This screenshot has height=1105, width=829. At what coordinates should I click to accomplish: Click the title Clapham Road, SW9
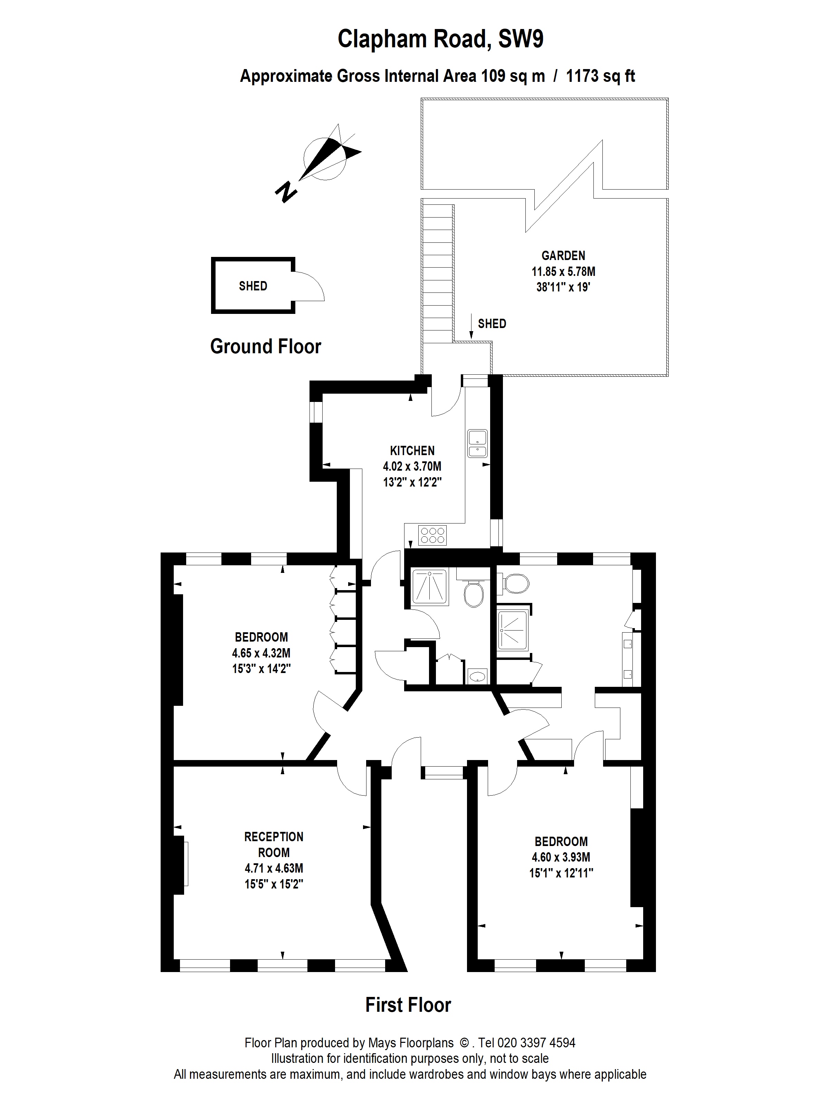440,39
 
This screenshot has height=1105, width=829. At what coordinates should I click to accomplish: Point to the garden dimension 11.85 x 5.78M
563,272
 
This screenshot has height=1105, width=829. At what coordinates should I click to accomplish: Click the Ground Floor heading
265,346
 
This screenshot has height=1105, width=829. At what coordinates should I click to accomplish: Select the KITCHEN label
412,451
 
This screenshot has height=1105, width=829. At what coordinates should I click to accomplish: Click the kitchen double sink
477,444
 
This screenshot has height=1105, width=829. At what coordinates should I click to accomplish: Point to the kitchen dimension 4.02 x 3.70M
412,467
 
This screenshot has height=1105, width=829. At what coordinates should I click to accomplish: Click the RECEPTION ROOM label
274,844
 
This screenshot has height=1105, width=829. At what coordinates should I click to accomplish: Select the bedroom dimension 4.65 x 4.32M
261,653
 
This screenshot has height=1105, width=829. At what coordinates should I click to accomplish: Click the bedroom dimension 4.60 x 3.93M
561,857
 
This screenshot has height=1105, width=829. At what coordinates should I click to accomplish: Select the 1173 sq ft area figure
600,76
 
